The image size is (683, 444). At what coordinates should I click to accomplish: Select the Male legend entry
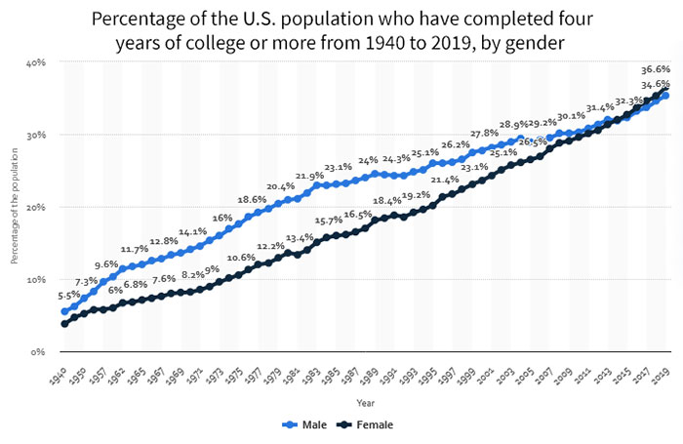pyautogui.click(x=305, y=424)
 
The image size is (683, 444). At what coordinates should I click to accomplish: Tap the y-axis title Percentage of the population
pyautogui.click(x=15, y=207)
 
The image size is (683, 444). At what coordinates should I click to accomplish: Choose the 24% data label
pyautogui.click(x=368, y=160)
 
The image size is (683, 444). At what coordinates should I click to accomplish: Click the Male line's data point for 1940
pyautogui.click(x=64, y=311)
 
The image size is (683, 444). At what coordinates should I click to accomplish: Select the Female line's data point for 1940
pyautogui.click(x=64, y=323)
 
